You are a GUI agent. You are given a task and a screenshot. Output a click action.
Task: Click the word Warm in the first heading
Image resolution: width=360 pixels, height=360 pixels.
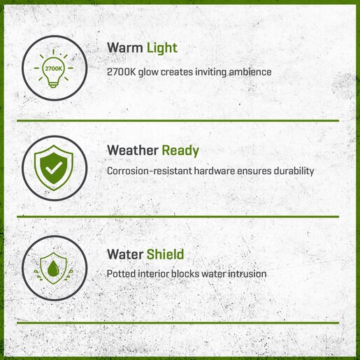point(125,48)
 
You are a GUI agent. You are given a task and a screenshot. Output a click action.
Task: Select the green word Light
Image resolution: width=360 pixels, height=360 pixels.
point(162,48)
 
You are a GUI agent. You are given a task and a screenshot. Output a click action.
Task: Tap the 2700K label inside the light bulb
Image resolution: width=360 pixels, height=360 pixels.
point(54,69)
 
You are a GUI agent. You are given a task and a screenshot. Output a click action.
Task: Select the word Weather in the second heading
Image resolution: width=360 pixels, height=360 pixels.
point(133,150)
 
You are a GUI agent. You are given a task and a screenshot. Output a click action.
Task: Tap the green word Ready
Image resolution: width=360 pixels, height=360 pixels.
point(180,151)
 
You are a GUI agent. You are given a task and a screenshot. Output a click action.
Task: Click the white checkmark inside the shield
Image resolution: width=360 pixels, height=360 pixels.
point(54,168)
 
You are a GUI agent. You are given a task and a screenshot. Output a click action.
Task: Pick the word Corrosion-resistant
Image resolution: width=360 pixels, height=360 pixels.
point(150,171)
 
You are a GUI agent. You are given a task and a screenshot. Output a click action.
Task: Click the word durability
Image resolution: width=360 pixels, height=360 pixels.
point(294,171)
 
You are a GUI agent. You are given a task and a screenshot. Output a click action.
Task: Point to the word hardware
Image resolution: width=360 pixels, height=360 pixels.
point(215,171)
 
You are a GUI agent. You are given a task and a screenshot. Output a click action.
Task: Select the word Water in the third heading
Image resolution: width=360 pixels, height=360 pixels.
point(125,254)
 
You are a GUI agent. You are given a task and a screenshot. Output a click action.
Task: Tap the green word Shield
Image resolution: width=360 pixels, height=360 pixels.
point(165,254)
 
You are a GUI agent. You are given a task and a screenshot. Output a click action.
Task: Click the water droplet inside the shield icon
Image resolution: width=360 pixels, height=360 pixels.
point(53,268)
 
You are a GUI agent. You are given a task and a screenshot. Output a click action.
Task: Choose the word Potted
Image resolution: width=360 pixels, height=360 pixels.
point(121,274)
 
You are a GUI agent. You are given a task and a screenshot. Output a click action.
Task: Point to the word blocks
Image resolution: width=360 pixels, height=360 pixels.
point(185,274)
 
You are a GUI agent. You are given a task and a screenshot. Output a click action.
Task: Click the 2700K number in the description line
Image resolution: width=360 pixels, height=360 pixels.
point(121,72)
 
